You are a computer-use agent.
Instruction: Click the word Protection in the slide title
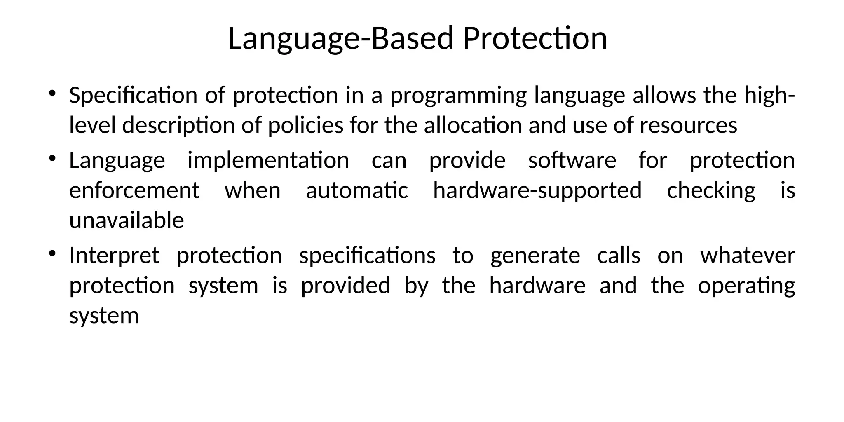(x=535, y=38)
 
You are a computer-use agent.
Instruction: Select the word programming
(x=458, y=96)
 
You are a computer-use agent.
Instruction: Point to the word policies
(x=305, y=125)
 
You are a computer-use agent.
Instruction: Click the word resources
(x=688, y=125)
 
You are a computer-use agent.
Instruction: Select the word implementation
(x=268, y=160)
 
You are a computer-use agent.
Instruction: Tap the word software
(x=572, y=160)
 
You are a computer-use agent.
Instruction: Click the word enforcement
(x=134, y=190)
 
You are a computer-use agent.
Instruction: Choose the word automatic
(x=357, y=190)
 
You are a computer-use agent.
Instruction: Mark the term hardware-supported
(x=537, y=191)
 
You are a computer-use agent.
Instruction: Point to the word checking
(x=711, y=191)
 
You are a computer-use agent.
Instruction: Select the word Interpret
(x=114, y=256)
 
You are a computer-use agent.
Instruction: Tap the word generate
(x=535, y=256)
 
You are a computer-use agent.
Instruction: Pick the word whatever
(x=748, y=256)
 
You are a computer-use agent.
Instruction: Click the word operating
(x=746, y=286)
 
